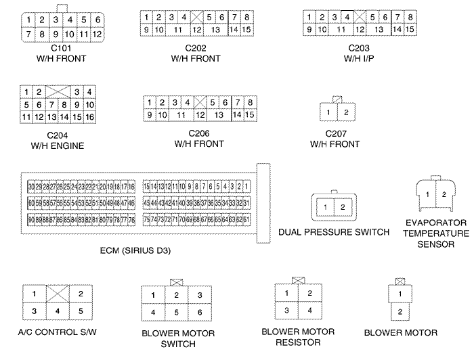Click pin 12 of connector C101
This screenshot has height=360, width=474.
coord(98,34)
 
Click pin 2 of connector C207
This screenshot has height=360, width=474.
coord(345,112)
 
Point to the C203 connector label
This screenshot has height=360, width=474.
coord(360,48)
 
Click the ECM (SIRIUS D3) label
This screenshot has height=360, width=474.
coord(135,250)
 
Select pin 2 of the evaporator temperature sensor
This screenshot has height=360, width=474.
coord(444,194)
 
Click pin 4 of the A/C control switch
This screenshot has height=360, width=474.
coord(57,312)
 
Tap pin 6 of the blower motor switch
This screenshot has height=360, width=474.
coord(198,312)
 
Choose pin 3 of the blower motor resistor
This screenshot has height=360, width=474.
coord(287,310)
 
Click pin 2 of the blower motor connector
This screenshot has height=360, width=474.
coord(400,312)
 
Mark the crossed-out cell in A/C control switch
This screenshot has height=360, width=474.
coord(57,294)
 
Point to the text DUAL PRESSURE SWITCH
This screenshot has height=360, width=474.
coord(334,232)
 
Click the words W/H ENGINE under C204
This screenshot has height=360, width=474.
coord(57,145)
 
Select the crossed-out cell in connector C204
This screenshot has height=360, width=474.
coord(57,91)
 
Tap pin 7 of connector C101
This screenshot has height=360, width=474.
coord(29,34)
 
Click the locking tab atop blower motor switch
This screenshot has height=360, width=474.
coord(176,281)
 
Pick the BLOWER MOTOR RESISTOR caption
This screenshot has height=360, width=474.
coord(298,337)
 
